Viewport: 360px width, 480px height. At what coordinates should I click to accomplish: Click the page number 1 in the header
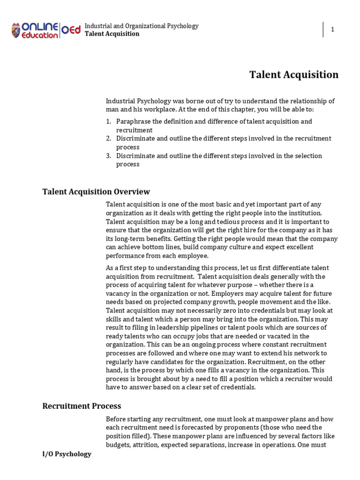[333, 30]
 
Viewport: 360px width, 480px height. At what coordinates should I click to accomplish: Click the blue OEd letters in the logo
[71, 30]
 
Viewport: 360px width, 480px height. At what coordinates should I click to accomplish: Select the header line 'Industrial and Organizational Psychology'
[142, 26]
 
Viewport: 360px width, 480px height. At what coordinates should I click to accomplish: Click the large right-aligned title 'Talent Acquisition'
[293, 75]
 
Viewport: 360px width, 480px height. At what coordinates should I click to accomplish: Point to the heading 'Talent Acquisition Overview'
[96, 191]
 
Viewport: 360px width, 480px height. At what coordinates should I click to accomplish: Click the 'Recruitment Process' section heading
[82, 406]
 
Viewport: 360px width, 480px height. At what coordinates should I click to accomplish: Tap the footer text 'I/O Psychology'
[67, 454]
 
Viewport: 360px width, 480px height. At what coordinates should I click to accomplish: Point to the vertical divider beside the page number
[323, 29]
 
